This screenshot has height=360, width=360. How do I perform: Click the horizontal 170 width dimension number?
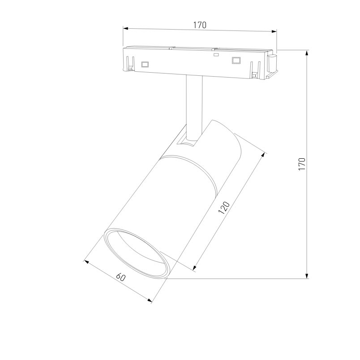click(x=200, y=25)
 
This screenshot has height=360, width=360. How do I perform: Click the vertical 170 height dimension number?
click(x=302, y=164)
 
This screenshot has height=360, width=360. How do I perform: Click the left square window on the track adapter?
click(x=145, y=64)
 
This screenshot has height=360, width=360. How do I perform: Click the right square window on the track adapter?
click(x=236, y=61)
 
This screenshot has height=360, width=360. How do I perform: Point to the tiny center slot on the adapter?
click(x=216, y=55)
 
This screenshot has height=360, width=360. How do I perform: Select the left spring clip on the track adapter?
click(x=130, y=64)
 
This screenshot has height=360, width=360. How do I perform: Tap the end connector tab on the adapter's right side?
click(x=272, y=64)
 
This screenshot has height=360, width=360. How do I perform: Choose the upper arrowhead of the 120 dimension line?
click(x=264, y=154)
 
